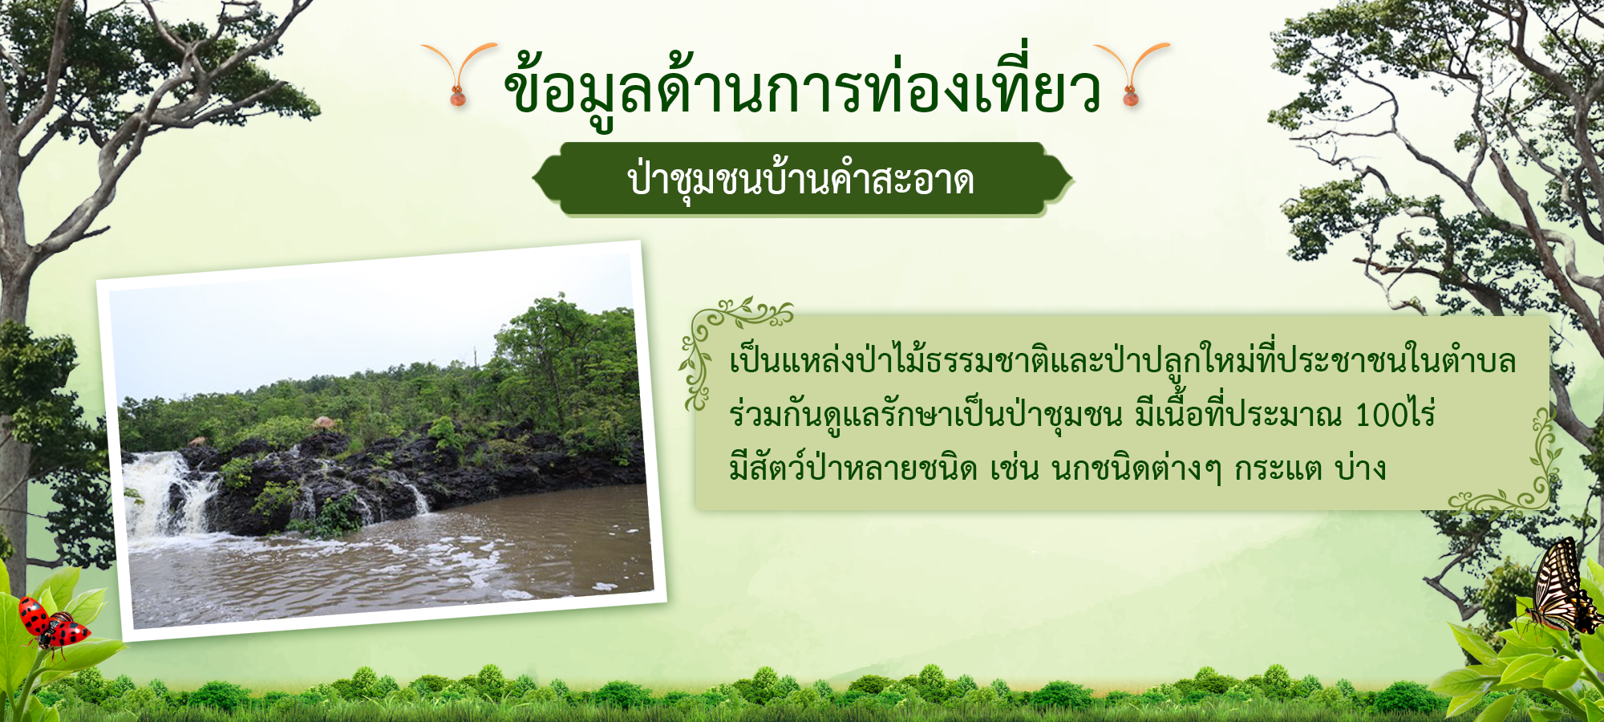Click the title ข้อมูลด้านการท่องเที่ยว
point(802,84)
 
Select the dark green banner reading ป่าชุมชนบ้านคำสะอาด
point(802,180)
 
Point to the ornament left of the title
point(459,74)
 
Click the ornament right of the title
point(1131,74)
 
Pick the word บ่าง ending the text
point(1360,466)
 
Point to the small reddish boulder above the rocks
point(323,422)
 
